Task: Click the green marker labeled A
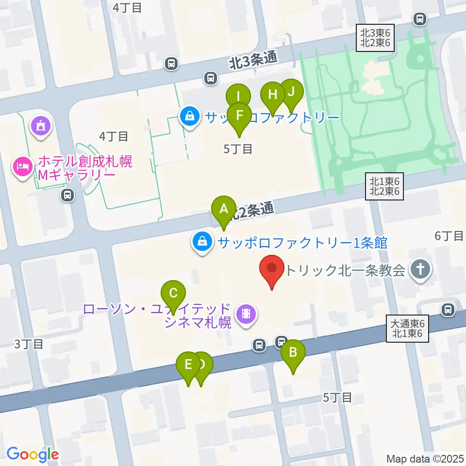(x=224, y=209)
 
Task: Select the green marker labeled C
(x=173, y=294)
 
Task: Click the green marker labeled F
(x=239, y=116)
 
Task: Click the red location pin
(x=272, y=268)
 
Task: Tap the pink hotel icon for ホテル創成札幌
(x=22, y=167)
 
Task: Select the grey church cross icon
(x=421, y=270)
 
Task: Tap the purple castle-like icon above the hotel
(x=41, y=125)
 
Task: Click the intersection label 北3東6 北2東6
(x=375, y=37)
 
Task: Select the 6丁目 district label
(x=449, y=236)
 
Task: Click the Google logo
(x=33, y=454)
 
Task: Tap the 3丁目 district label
(x=29, y=344)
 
